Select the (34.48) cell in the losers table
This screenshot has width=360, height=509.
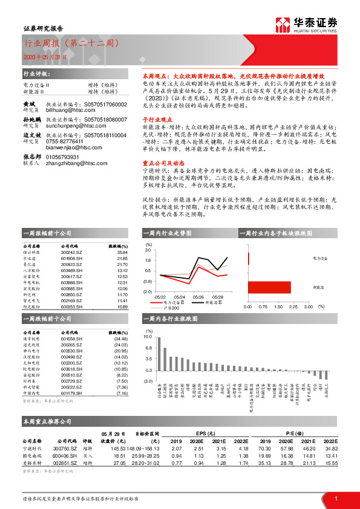[119, 339]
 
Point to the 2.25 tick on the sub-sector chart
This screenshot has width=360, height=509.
[293, 306]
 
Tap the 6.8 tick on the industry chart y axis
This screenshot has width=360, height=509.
[148, 348]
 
